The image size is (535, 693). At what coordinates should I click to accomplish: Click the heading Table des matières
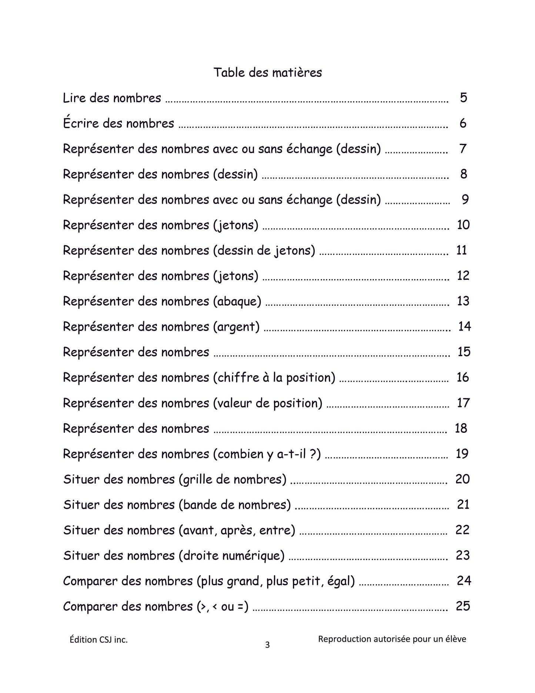coord(267,72)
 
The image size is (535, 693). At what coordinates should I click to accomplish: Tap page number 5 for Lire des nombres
coord(464,98)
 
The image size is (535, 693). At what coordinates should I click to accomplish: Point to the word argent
coord(236,327)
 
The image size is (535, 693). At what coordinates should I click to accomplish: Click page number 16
coord(463,377)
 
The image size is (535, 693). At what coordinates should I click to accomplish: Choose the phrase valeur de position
coord(268,403)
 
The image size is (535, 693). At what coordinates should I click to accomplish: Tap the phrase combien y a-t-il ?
coord(267,454)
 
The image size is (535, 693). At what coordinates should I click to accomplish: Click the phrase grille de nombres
coord(233,480)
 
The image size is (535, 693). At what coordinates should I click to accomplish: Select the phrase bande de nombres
coord(235,505)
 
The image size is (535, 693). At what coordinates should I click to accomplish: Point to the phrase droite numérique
coord(231,556)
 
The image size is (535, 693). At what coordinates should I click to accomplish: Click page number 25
coord(463,606)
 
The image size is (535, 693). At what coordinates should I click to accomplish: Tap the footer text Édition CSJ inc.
coord(98,640)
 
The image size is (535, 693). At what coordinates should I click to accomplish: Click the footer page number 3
coord(267,645)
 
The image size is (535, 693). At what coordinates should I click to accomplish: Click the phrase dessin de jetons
coord(264,251)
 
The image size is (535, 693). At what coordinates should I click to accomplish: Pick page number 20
coord(462,479)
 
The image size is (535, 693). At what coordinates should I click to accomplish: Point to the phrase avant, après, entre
coord(237,530)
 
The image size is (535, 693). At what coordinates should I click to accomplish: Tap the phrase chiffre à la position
coord(274,378)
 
